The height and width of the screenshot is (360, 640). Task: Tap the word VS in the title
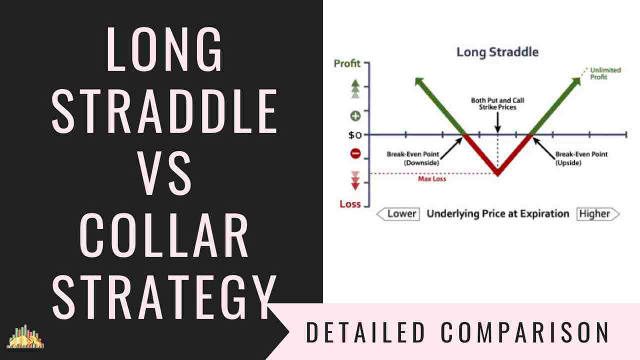coord(164,174)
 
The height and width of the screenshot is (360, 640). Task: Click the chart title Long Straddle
coord(497,52)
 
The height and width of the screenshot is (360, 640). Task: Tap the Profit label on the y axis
coord(347,64)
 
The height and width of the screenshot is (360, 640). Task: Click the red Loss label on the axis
coord(350,204)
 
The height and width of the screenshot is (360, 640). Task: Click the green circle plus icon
coord(355,116)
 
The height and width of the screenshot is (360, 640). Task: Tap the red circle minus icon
coord(355,153)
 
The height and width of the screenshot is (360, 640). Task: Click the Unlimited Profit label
coord(605,73)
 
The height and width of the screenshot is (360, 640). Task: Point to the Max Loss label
coord(432,178)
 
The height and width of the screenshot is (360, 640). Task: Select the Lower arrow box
coord(398,214)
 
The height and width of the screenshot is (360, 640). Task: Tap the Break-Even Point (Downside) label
coord(412,158)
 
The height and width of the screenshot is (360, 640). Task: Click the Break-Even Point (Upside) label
coord(581,158)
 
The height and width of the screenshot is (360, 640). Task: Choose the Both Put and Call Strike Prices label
coord(497,103)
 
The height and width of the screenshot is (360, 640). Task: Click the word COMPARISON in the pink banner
coord(525,332)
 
